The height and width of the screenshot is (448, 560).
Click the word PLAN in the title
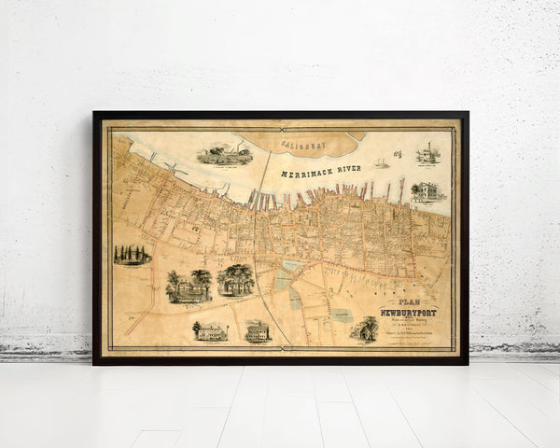pyautogui.click(x=408, y=301)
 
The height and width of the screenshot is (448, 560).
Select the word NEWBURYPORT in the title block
pyautogui.click(x=408, y=312)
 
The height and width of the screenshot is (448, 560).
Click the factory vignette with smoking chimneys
pyautogui.click(x=225, y=154)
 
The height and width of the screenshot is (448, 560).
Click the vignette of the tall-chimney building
pyautogui.click(x=427, y=155)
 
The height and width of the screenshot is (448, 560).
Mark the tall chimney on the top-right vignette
pyautogui.click(x=428, y=149)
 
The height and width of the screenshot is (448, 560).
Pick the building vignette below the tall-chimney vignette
pyautogui.click(x=427, y=192)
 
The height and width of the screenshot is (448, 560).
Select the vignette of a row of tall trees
pyautogui.click(x=132, y=254)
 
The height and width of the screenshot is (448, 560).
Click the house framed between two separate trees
pyautogui.click(x=188, y=286)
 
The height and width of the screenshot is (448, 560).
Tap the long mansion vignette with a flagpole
pyautogui.click(x=211, y=330)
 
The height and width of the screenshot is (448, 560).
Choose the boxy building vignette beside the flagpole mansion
pyautogui.click(x=258, y=329)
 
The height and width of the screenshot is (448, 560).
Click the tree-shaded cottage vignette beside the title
pyautogui.click(x=366, y=329)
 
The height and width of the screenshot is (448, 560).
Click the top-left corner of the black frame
pyautogui.click(x=93, y=113)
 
